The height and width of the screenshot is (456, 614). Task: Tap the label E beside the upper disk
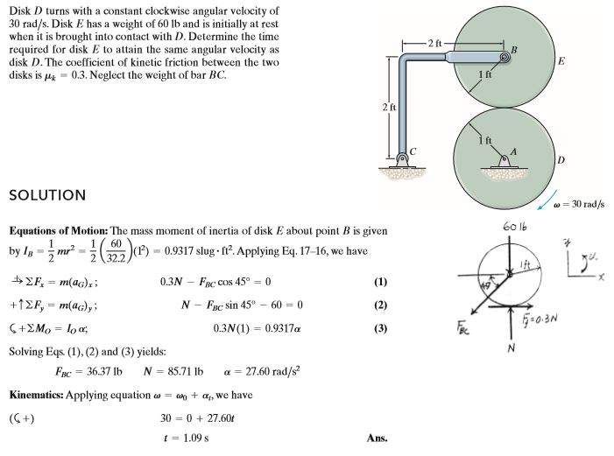point(561,62)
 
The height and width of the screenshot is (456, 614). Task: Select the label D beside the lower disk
point(561,161)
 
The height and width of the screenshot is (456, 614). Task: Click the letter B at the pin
point(515,47)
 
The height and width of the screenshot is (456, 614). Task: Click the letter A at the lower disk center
point(515,150)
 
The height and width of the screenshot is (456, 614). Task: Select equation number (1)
point(379,283)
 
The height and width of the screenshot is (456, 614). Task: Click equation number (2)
point(379,305)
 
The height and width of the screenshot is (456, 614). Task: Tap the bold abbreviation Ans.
point(378,438)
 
